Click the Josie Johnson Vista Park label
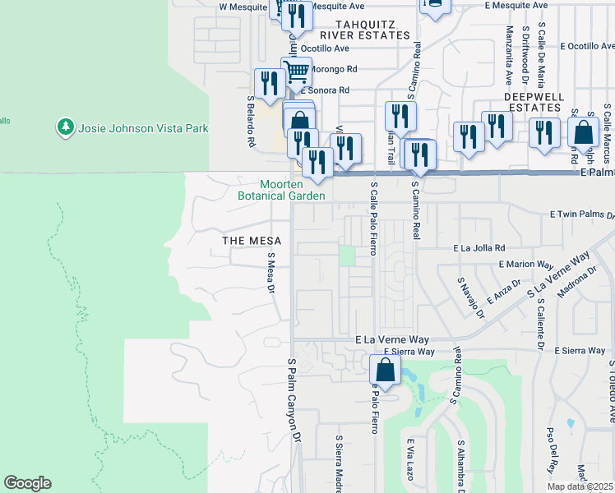[x=143, y=128]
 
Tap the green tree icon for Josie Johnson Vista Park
[x=65, y=127]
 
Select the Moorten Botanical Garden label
[x=282, y=190]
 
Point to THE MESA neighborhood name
[x=252, y=241]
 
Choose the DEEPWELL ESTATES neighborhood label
[x=534, y=102]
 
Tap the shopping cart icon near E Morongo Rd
[x=296, y=71]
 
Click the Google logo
[x=27, y=483]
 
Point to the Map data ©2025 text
[x=580, y=486]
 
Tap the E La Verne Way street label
[x=392, y=339]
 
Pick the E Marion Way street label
[x=526, y=265]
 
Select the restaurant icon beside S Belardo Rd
[x=270, y=83]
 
